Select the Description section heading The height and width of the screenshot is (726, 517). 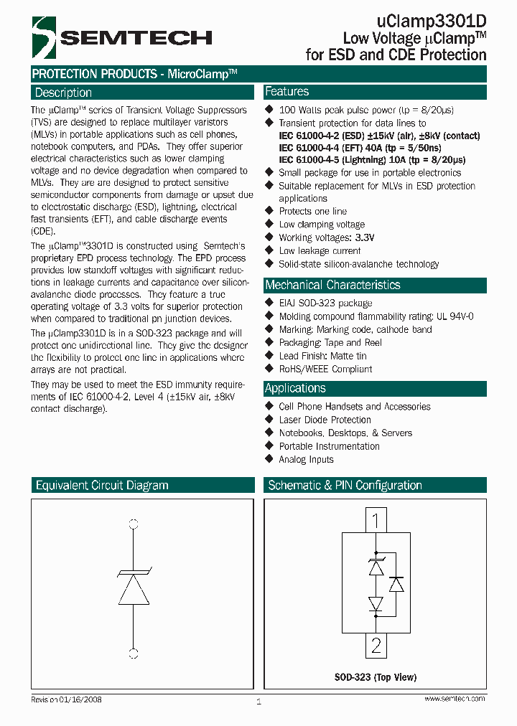click(x=64, y=93)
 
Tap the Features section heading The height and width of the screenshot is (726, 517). click(x=287, y=92)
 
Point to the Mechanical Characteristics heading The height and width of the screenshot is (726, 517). click(x=333, y=285)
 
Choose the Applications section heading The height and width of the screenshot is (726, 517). click(x=295, y=388)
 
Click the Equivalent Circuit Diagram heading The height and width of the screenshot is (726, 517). click(x=102, y=486)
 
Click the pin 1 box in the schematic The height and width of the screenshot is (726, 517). click(x=376, y=519)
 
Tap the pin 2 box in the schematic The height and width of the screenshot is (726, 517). click(x=376, y=646)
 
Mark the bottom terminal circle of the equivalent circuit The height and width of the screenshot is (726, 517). click(x=133, y=653)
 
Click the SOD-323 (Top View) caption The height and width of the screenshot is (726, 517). click(x=376, y=677)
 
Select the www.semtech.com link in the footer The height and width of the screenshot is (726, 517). click(x=455, y=699)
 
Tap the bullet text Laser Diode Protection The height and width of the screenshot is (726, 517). click(x=325, y=420)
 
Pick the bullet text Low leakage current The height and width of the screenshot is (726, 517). click(x=320, y=251)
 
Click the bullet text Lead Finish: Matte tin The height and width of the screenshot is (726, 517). click(x=322, y=356)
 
